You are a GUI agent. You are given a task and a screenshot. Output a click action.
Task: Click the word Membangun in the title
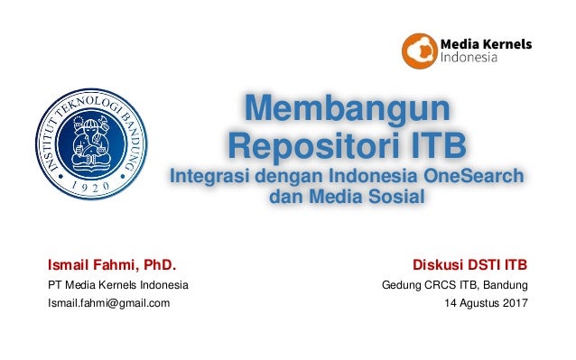click(x=347, y=110)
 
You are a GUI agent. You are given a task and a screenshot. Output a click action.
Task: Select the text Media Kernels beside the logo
click(x=486, y=43)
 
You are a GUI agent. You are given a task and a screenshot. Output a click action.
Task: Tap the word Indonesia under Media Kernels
click(x=469, y=60)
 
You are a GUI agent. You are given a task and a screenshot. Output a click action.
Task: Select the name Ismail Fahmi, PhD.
click(x=111, y=265)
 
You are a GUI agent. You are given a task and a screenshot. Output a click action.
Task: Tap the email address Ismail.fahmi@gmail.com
click(x=108, y=303)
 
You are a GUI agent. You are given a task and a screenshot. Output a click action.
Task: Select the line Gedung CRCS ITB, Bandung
click(x=456, y=286)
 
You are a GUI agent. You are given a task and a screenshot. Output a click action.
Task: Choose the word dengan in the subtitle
click(x=277, y=175)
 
